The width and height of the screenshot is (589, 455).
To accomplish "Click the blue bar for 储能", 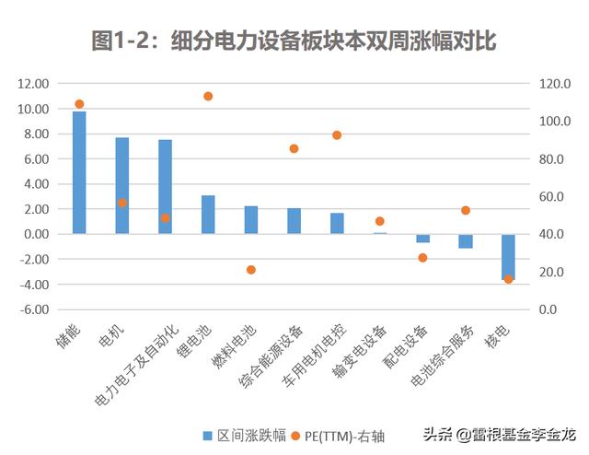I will point(79,172).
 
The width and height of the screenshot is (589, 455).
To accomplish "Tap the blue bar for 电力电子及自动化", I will point(165,187).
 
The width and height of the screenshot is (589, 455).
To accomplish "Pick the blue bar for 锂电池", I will point(208,215).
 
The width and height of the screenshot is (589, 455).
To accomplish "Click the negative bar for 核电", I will point(508,256).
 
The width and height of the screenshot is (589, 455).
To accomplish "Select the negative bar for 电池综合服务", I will point(466,241).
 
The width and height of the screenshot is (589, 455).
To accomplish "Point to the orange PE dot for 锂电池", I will point(208,96).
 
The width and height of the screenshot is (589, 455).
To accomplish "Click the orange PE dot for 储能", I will point(79,104).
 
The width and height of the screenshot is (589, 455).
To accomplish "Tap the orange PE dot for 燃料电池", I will point(251,270).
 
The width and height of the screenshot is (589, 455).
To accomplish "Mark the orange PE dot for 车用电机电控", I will point(337,135).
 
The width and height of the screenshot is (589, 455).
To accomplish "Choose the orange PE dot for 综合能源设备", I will point(294,148).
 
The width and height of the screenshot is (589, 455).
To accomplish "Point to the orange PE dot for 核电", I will point(508,278).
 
